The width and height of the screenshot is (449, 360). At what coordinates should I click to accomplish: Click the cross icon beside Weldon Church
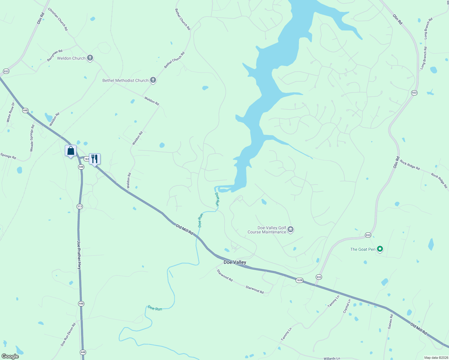90,58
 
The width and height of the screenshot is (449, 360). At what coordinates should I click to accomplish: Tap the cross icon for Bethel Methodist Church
153,80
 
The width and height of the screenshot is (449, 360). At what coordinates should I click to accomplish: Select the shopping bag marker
71,151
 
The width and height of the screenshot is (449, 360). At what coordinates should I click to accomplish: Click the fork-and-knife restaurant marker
95,159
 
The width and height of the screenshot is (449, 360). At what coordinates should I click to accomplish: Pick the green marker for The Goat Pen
380,249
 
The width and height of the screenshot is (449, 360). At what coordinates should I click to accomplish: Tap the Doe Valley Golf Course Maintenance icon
290,230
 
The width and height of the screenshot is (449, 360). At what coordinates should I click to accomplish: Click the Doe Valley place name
235,262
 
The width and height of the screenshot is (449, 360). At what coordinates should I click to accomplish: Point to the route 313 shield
80,206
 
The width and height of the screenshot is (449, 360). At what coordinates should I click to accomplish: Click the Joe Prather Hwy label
79,255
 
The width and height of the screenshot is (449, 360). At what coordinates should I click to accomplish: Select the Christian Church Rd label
58,19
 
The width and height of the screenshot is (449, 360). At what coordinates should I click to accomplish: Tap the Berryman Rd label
55,55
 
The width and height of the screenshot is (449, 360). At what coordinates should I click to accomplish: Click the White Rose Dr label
11,112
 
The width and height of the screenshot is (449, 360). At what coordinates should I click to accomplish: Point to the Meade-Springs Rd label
32,138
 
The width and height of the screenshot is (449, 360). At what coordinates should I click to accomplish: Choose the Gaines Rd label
390,322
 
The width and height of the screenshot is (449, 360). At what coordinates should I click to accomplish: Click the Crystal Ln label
347,306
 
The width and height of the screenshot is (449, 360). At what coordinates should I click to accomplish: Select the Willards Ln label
332,358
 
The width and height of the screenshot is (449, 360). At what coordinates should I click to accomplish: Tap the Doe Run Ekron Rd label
68,334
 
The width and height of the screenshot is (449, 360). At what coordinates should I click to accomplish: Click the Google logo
10,356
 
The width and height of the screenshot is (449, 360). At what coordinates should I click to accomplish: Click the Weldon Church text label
71,58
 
